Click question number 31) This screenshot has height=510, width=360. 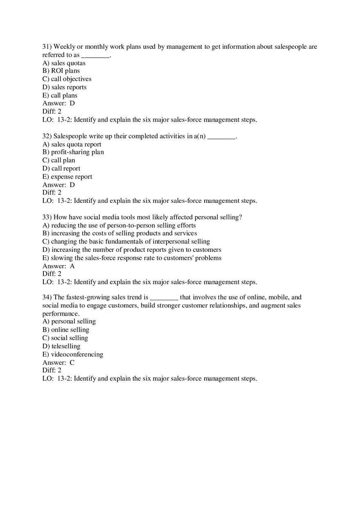coord(47,47)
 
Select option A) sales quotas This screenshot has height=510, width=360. coord(64,63)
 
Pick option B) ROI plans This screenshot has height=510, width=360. coord(61,71)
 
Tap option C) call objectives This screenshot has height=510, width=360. coord(67,79)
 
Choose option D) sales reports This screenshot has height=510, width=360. coord(64,87)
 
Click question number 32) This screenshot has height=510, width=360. coord(47,136)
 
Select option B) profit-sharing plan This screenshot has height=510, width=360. coord(73,152)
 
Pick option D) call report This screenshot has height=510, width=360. coord(61,169)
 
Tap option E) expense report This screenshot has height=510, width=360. coord(67,177)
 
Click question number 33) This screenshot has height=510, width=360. coord(47,217)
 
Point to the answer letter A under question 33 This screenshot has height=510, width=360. coord(72,266)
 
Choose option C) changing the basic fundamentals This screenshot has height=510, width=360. coord(126,242)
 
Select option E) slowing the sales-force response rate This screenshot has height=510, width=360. coord(132,258)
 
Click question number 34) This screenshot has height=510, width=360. coord(47,297)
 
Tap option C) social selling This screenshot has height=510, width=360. coord(65,338)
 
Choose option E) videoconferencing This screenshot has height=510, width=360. coord(72,354)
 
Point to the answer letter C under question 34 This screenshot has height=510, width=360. coord(72,362)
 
